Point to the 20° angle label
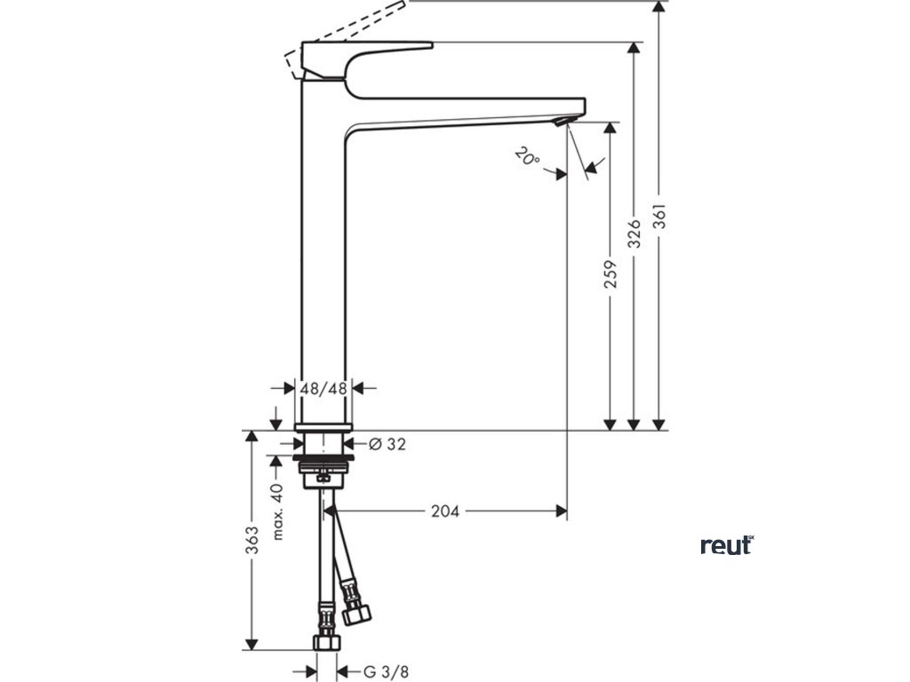(x=526, y=158)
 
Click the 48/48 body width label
(x=323, y=388)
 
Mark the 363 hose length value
(x=252, y=541)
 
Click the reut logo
(x=726, y=544)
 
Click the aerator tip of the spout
(x=562, y=121)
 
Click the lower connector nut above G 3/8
(x=324, y=640)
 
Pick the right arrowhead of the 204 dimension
(x=561, y=511)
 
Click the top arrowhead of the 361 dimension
(x=659, y=7)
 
